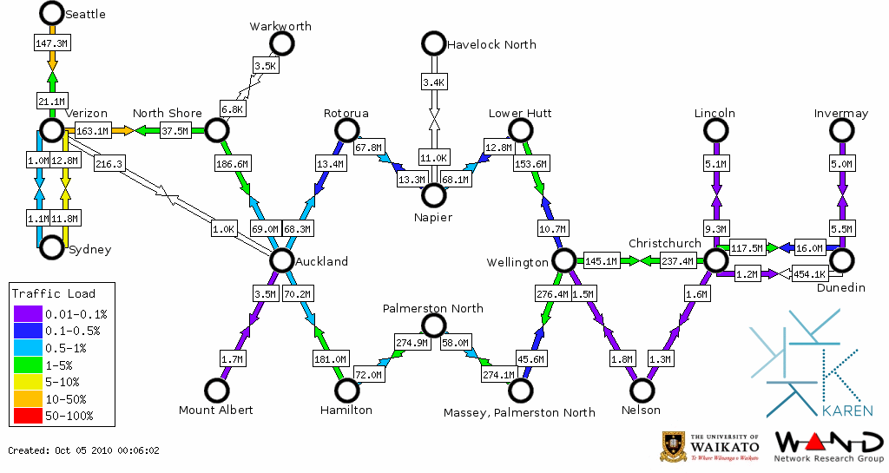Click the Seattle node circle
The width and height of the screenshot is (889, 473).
(52, 13)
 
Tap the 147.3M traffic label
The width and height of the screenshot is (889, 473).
(51, 42)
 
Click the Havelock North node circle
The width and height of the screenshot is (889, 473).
(432, 43)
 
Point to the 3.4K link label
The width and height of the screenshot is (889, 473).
(433, 82)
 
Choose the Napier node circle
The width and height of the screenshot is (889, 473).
(433, 195)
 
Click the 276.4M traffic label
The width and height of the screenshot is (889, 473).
(553, 294)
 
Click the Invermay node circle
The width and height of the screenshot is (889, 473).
(840, 130)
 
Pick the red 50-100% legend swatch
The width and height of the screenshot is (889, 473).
(27, 417)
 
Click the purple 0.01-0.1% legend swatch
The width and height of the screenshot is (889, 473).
(27, 314)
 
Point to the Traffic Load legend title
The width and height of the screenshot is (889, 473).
(54, 293)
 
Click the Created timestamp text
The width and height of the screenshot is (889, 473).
(84, 450)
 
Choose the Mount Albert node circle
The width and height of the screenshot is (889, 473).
(215, 391)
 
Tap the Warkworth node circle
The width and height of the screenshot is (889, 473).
(281, 43)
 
